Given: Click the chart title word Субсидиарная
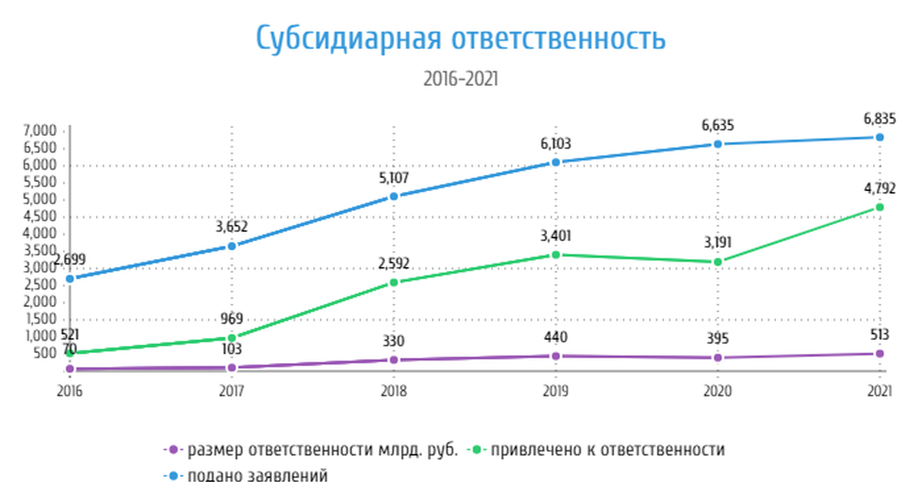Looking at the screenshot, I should click(347, 38).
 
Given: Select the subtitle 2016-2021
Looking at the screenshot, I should click(460, 78).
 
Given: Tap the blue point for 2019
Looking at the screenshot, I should click(556, 162).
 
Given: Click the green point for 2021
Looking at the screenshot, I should click(880, 207).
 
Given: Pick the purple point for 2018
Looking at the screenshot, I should click(393, 359).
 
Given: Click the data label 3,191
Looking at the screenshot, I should click(717, 243).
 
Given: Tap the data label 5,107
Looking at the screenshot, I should click(393, 178).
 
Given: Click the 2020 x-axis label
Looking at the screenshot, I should click(717, 391).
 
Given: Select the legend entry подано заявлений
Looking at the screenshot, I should click(257, 475).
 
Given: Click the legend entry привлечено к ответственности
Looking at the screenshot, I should click(607, 450).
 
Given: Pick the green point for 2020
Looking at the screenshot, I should click(718, 262).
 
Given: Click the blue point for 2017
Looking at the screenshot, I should click(231, 246).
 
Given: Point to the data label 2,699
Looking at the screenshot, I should click(70, 259).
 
